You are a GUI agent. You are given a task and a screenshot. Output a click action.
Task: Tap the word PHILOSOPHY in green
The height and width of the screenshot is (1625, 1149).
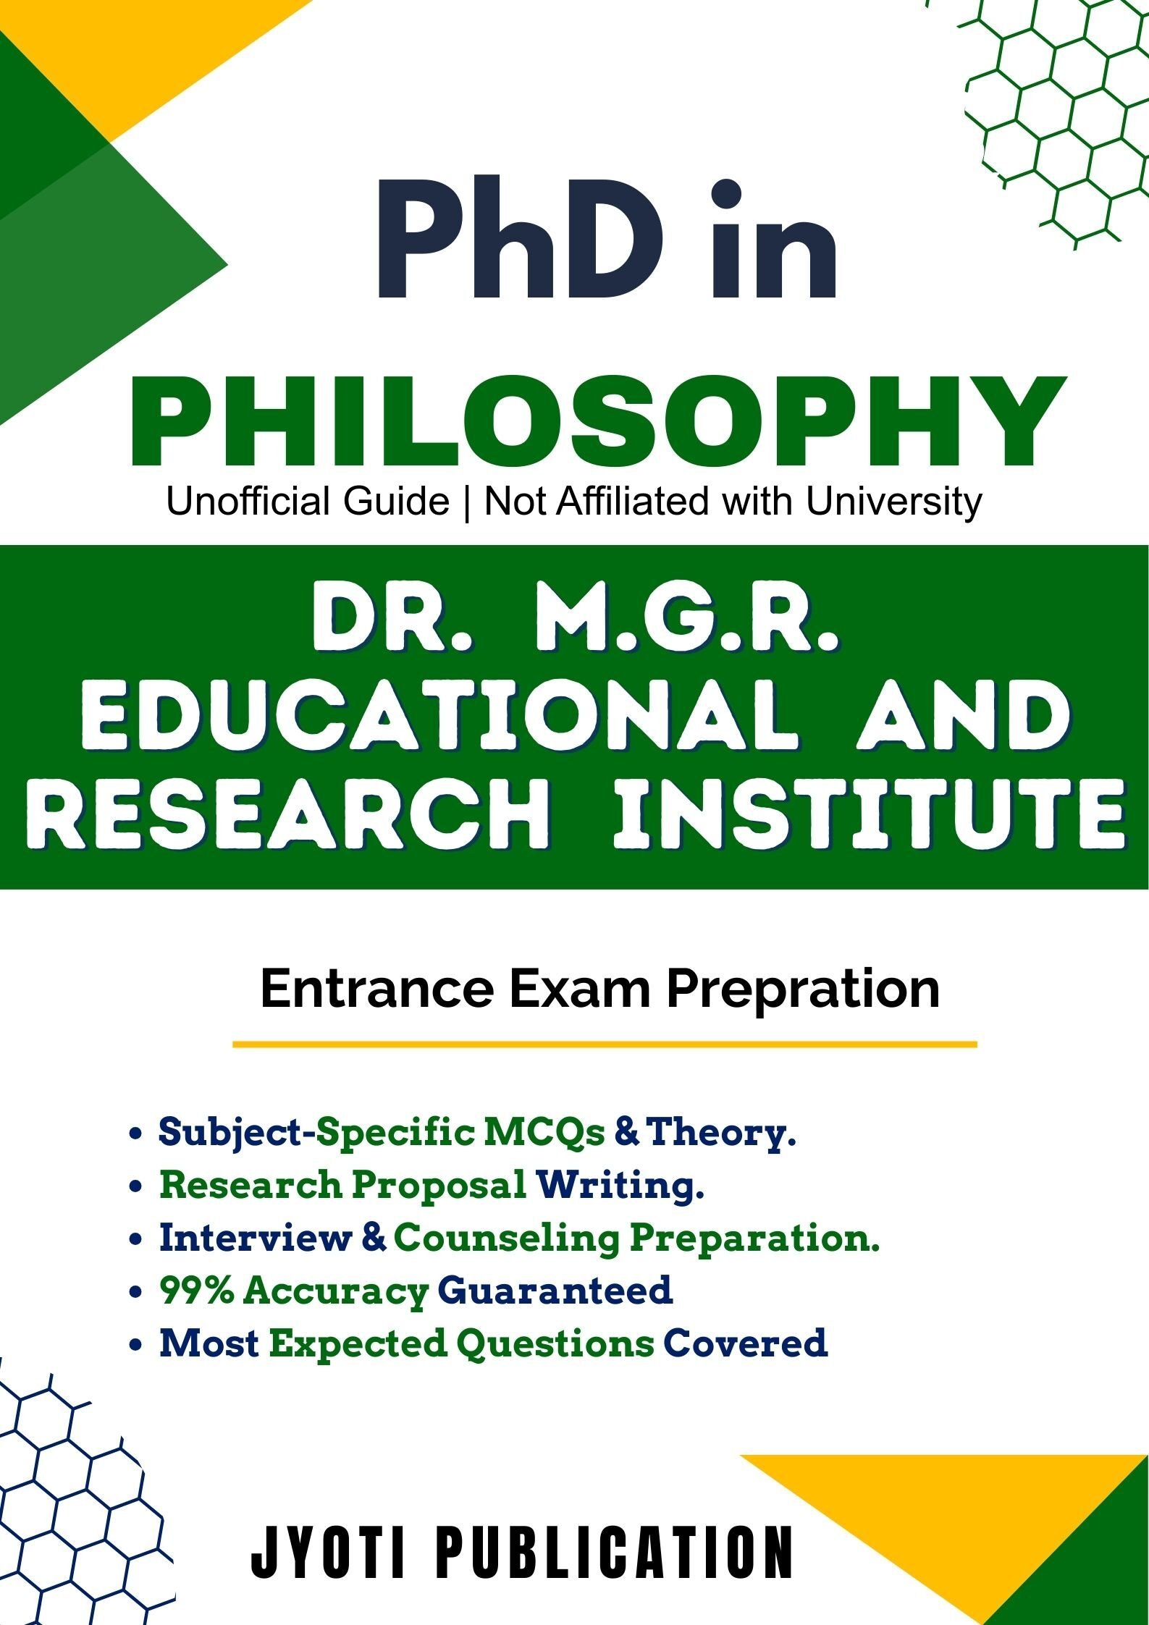coord(598,423)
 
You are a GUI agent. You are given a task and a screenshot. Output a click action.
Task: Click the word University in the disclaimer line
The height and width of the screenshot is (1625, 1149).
coord(894,502)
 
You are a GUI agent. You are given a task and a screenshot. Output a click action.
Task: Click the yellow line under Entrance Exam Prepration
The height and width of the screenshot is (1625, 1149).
coord(605,1044)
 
